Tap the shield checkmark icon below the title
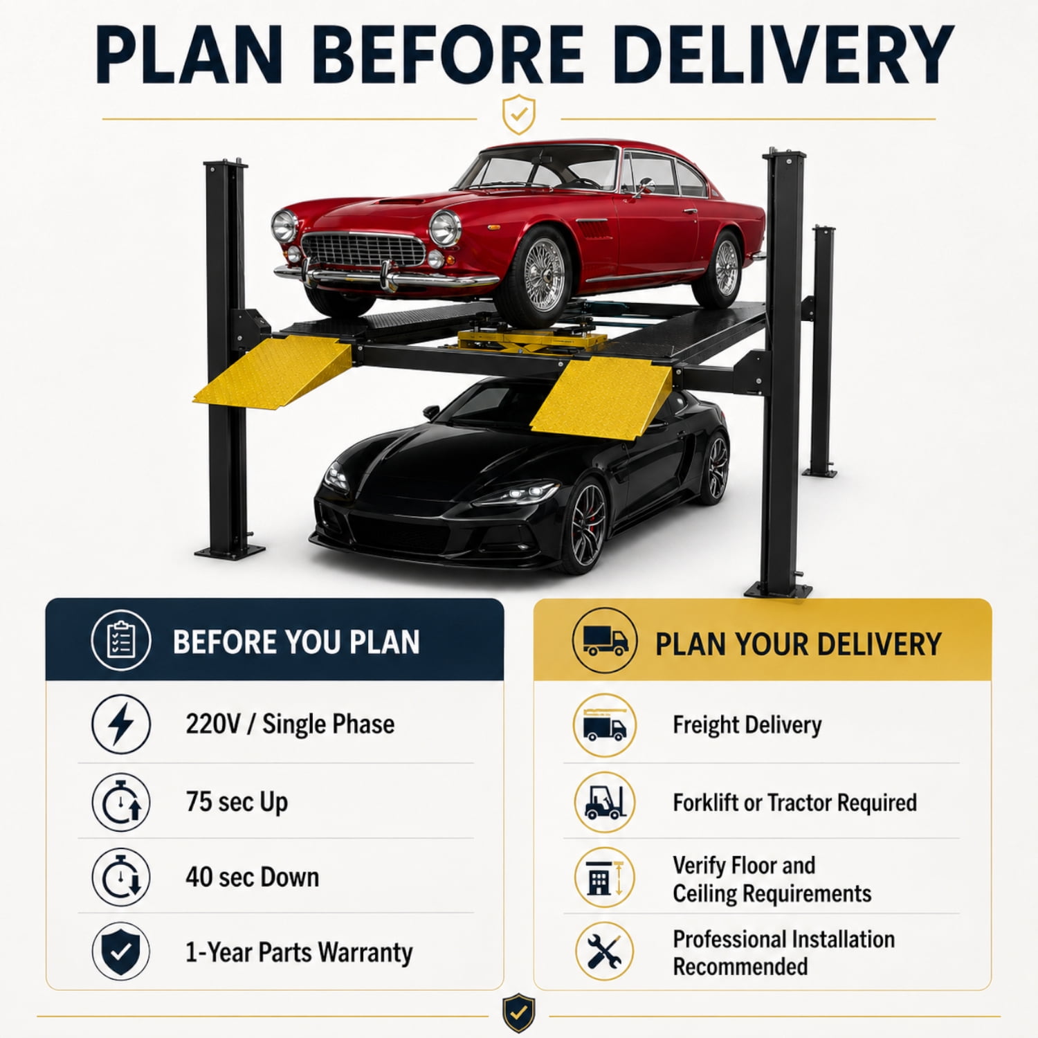pyautogui.click(x=518, y=114)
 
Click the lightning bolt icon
pyautogui.click(x=121, y=724)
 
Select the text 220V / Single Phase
pyautogui.click(x=290, y=725)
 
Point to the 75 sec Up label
pyautogui.click(x=237, y=803)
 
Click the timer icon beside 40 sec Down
pyautogui.click(x=121, y=877)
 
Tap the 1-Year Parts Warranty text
pyautogui.click(x=299, y=952)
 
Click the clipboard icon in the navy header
pyautogui.click(x=121, y=641)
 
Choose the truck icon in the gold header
pyautogui.click(x=605, y=641)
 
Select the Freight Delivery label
pyautogui.click(x=747, y=725)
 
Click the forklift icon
pyautogui.click(x=605, y=803)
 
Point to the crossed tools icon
pyautogui.click(x=605, y=951)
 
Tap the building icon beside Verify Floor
pyautogui.click(x=605, y=877)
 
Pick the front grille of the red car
pyautogui.click(x=363, y=250)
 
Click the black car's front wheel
pyautogui.click(x=587, y=524)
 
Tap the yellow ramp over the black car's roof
pyautogui.click(x=601, y=397)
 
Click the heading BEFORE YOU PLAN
pyautogui.click(x=296, y=642)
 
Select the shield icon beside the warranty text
pyautogui.click(x=121, y=951)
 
